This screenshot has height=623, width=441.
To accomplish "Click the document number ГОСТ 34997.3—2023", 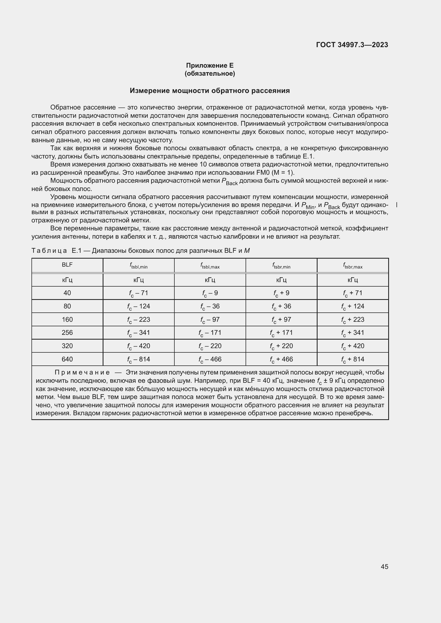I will [x=352, y=45].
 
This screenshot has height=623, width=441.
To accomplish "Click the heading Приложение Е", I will [x=210, y=66].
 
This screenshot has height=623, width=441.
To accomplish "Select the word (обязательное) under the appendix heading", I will [x=210, y=74].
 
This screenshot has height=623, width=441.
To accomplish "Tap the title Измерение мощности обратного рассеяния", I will [x=210, y=91].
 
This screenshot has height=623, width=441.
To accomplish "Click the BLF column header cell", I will [x=67, y=265].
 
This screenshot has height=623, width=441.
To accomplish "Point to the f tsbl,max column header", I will [x=210, y=266].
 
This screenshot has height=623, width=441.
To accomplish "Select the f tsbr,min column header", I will [x=281, y=266].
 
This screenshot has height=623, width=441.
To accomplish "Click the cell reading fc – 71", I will [x=138, y=293].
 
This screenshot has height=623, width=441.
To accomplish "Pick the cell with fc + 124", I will [x=352, y=306].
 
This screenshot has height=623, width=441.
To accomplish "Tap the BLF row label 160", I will [x=67, y=320].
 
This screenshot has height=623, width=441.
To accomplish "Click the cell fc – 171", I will [x=210, y=333].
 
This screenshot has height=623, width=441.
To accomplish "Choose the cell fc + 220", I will [x=281, y=346].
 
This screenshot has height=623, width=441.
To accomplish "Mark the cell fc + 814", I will [x=352, y=359].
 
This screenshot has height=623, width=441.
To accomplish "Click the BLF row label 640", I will [x=67, y=359].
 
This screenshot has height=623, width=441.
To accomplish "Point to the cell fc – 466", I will [x=210, y=359].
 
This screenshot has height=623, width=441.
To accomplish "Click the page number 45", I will [x=384, y=567].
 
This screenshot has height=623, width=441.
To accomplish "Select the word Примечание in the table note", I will [x=82, y=373].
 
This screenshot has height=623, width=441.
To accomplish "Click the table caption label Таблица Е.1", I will [x=57, y=251].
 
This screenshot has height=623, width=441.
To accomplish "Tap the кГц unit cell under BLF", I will [x=67, y=280].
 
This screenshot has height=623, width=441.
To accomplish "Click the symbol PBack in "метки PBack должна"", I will [x=230, y=182].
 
